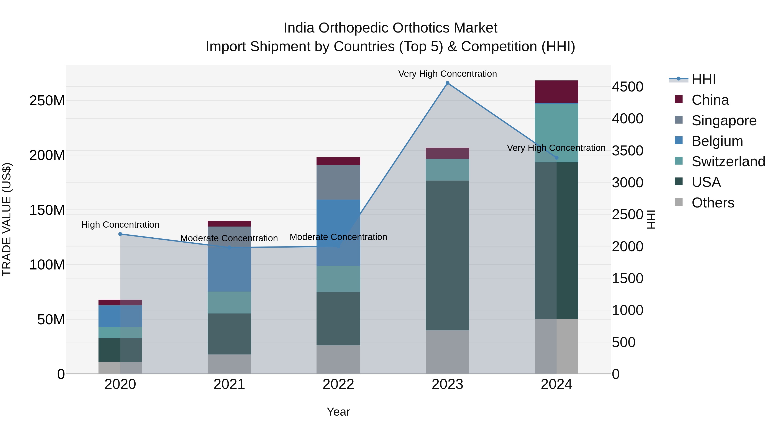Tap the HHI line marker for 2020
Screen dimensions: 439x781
tap(120, 234)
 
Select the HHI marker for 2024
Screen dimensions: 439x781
tap(556, 158)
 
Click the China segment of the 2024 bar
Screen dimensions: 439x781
tap(556, 91)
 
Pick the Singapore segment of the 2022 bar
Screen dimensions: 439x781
tap(338, 182)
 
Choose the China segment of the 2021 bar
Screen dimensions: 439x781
tap(229, 224)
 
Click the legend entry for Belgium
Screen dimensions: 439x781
tap(717, 141)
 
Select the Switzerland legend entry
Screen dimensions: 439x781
tap(728, 162)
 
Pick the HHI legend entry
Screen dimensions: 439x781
tap(703, 79)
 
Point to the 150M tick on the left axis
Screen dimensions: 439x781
tap(47, 210)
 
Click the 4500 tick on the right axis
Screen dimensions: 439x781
tap(627, 87)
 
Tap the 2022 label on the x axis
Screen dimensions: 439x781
tap(338, 384)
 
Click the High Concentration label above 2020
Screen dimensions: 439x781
tap(120, 225)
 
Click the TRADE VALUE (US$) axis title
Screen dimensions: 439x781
tap(7, 219)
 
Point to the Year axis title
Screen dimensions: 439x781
tap(338, 412)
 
